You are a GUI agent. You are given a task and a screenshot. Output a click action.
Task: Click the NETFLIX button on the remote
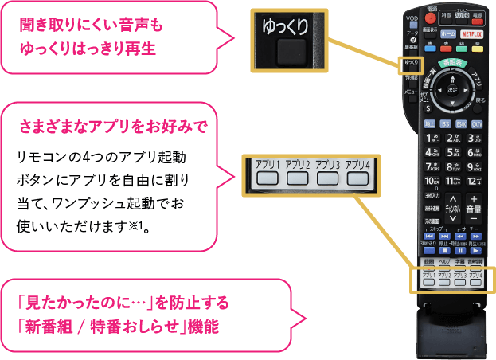tap(471, 34)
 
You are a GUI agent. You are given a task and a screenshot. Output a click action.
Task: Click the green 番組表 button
tap(454, 62)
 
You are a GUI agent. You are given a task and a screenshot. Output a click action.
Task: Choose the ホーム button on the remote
tap(447, 34)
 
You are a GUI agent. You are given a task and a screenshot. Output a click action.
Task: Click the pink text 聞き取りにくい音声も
tap(92, 26)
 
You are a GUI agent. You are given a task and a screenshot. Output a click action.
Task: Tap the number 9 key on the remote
tap(475, 166)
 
